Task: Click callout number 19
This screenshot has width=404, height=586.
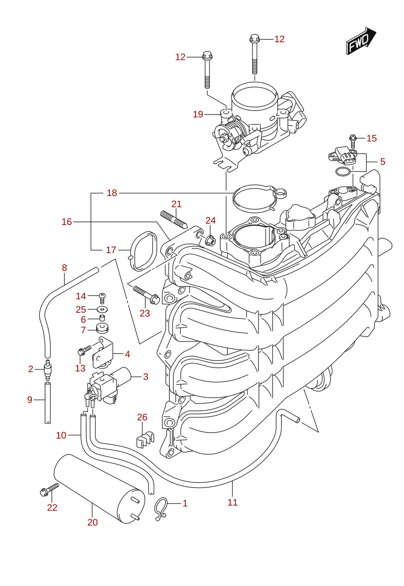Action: click(x=198, y=114)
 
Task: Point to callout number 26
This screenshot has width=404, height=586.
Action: click(x=142, y=417)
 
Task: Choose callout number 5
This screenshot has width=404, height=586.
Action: click(x=383, y=162)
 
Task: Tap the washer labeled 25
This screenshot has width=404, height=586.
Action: click(x=103, y=309)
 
